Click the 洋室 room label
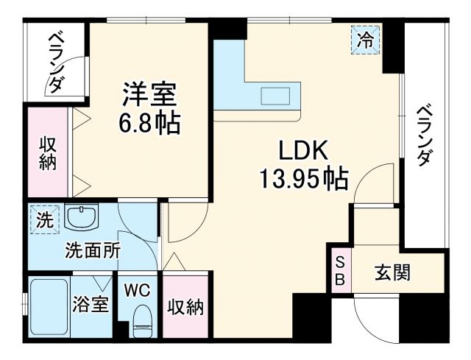pyautogui.click(x=150, y=96)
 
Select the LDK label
pyautogui.click(x=302, y=151)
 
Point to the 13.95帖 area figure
pyautogui.click(x=302, y=178)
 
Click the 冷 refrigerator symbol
pyautogui.click(x=365, y=41)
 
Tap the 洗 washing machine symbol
pyautogui.click(x=44, y=219)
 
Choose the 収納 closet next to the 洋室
pyautogui.click(x=47, y=153)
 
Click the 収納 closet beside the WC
pyautogui.click(x=185, y=306)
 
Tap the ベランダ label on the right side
pyautogui.click(x=425, y=136)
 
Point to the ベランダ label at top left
pyautogui.click(x=57, y=63)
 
